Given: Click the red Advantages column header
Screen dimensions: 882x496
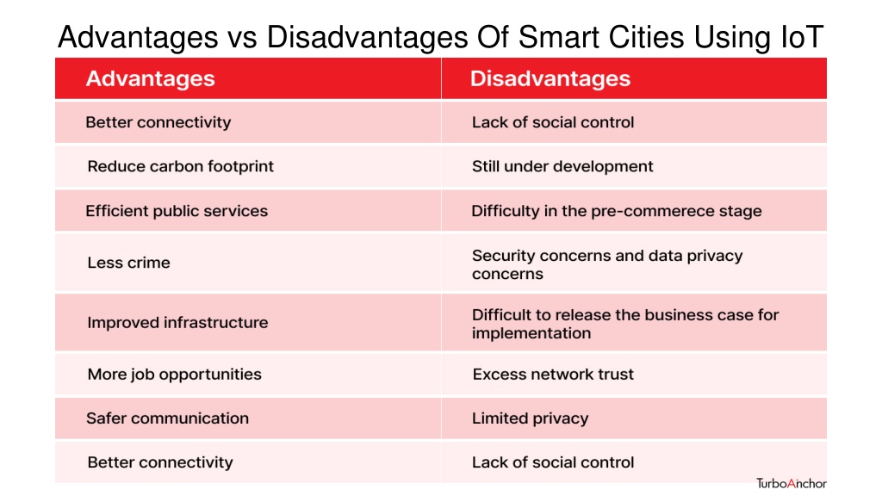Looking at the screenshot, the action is click(x=248, y=78).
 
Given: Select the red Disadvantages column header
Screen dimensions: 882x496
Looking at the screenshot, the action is click(x=635, y=78).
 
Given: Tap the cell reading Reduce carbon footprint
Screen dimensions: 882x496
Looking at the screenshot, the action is click(x=248, y=166).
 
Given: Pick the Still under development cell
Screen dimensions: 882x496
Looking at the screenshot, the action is click(x=635, y=166).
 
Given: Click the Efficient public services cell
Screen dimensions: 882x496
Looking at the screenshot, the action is click(x=248, y=211).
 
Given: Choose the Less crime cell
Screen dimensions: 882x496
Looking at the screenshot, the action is click(x=248, y=263).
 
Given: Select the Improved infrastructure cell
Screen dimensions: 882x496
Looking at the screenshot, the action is click(x=248, y=322).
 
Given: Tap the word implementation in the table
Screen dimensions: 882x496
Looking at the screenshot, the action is click(x=531, y=333).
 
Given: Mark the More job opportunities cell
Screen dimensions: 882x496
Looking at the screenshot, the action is click(x=248, y=375).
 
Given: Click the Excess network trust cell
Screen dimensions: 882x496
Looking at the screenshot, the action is click(x=635, y=375).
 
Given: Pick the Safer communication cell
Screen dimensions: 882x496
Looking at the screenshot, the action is click(x=248, y=418).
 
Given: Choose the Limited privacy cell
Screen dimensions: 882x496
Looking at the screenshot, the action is click(x=635, y=418).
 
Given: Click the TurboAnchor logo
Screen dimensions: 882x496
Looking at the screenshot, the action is click(x=792, y=484).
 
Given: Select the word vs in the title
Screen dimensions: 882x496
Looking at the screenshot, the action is click(x=242, y=40).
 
